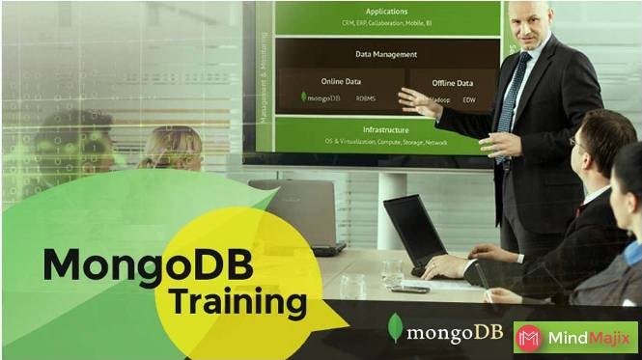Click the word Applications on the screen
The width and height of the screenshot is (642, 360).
coord(386,12)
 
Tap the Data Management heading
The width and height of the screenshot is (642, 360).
coord(386,54)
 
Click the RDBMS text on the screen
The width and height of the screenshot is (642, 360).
coord(366,97)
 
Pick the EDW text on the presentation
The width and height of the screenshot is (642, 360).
coord(469,99)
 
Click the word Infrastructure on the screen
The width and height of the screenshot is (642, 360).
coord(385,129)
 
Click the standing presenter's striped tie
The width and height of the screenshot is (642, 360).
coord(510,97)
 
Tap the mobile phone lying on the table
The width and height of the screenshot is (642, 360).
coord(408,288)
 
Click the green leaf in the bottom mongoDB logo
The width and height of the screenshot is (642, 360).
coord(394,327)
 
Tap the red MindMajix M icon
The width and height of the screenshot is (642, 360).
coord(528,338)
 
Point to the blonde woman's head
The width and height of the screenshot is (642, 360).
coord(174,145)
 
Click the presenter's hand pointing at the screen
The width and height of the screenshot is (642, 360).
coord(418,99)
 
